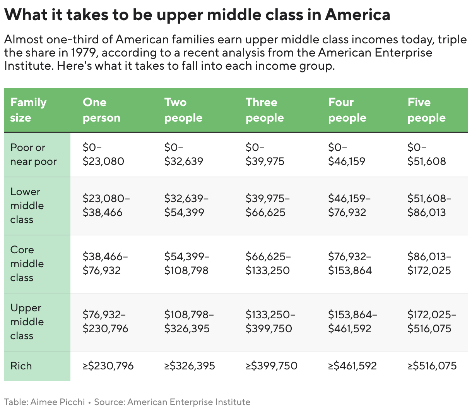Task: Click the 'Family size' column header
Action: pyautogui.click(x=28, y=110)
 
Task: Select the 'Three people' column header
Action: pyautogui.click(x=265, y=110)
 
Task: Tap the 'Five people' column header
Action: pyautogui.click(x=426, y=110)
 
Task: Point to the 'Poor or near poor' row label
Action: pyautogui.click(x=33, y=154)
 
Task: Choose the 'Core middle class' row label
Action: pyautogui.click(x=27, y=264)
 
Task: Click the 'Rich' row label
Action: pyautogui.click(x=21, y=366)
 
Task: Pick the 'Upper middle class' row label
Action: pyautogui.click(x=27, y=322)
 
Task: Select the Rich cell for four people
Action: pyautogui.click(x=352, y=366)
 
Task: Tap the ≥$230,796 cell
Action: pyautogui.click(x=108, y=366)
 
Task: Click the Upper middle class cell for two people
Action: pyautogui.click(x=189, y=322)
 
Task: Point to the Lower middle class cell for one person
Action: pyautogui.click(x=106, y=206)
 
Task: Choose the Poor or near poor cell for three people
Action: pyautogui.click(x=265, y=154)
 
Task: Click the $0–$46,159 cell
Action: pyautogui.click(x=346, y=154)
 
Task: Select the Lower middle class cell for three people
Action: pyautogui.click(x=267, y=206)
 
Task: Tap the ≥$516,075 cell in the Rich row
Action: pyautogui.click(x=432, y=366)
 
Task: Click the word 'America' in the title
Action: pyautogui.click(x=357, y=15)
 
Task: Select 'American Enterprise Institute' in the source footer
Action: pyautogui.click(x=189, y=402)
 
